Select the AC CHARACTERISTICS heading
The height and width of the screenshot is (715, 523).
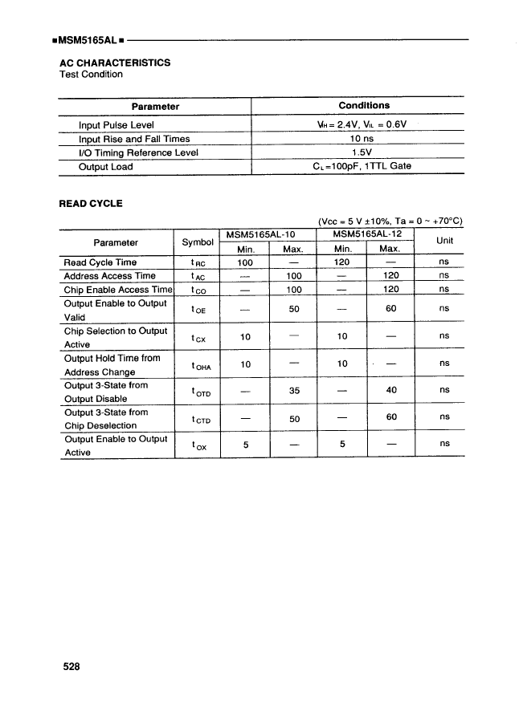[x=115, y=62]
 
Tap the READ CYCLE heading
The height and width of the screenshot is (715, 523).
[x=91, y=203]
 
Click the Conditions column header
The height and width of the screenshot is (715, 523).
[x=364, y=105]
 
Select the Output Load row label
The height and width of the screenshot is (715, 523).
[x=105, y=167]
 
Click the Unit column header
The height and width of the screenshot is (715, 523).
[x=444, y=241]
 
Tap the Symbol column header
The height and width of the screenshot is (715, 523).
[x=198, y=242]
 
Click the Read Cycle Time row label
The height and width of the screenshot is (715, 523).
[x=100, y=262]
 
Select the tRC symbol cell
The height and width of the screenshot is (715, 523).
[x=198, y=263]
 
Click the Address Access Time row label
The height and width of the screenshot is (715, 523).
[x=109, y=275]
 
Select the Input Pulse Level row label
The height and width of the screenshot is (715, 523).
[x=116, y=125]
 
